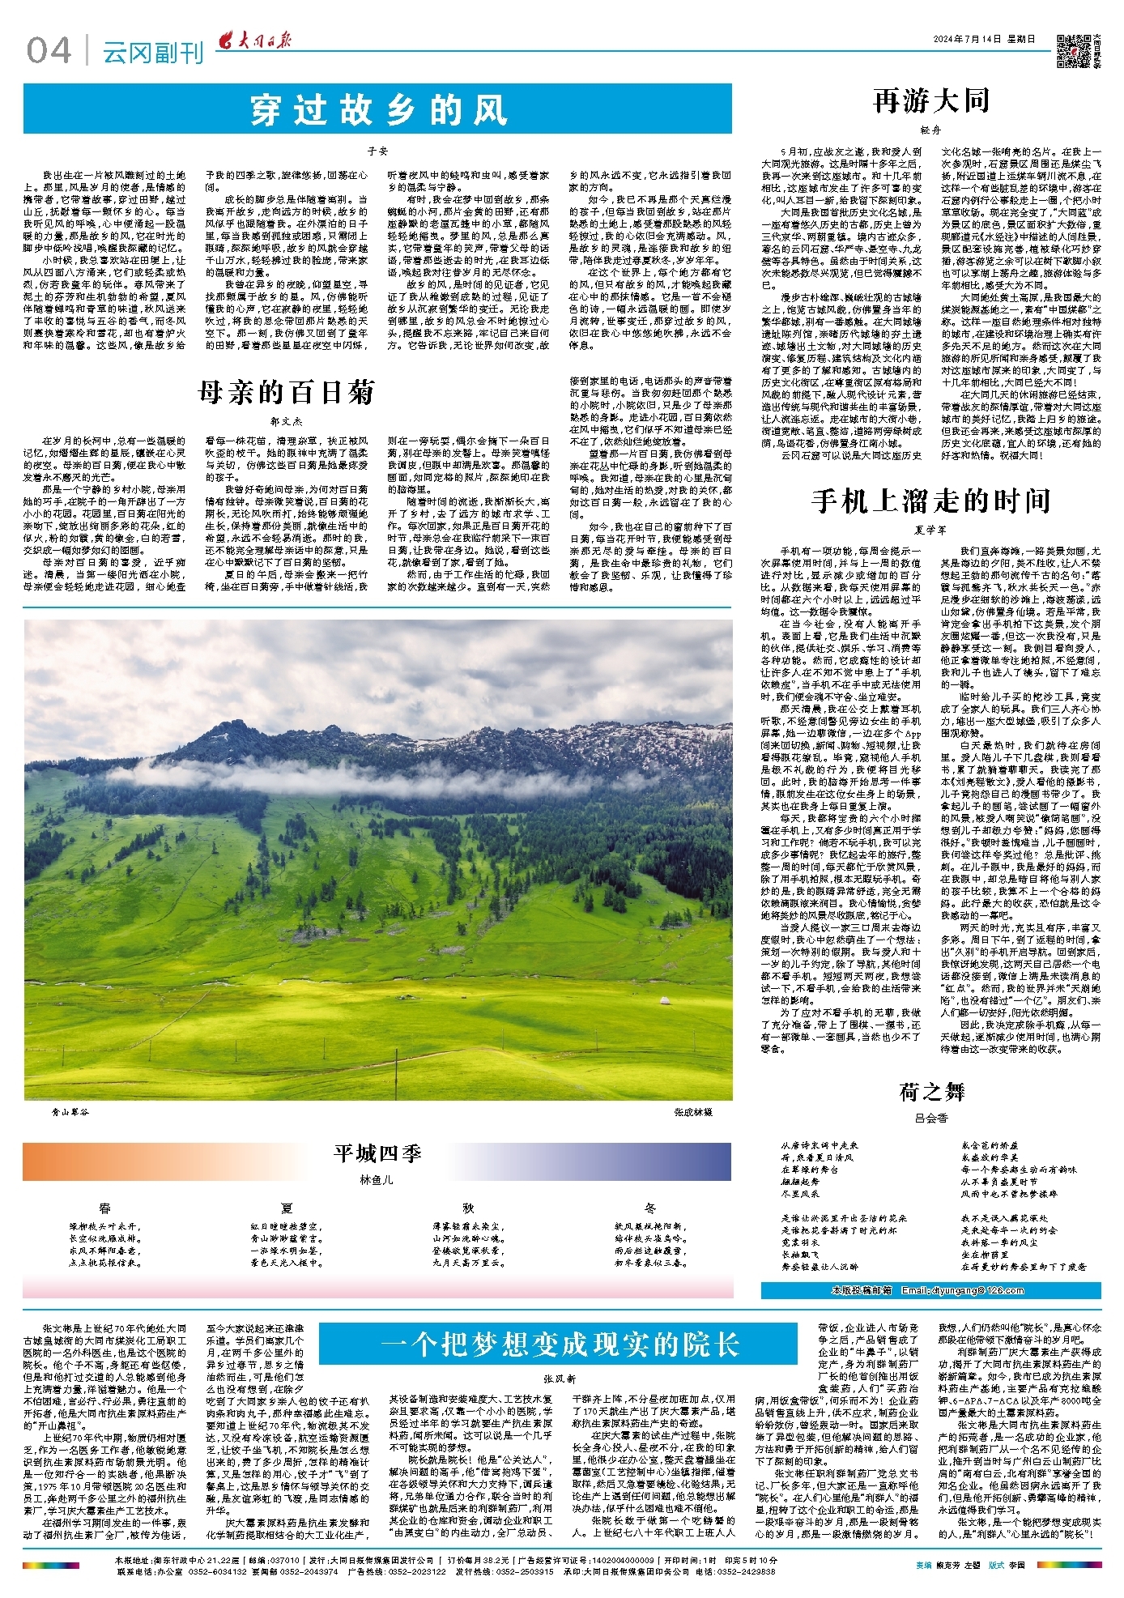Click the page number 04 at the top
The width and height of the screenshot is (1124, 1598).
(49, 51)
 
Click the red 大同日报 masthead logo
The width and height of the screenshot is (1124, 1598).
(258, 41)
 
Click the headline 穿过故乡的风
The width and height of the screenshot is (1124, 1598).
(377, 110)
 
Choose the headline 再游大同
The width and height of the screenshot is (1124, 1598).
(931, 101)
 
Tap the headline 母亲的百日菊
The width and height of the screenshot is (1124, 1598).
(285, 393)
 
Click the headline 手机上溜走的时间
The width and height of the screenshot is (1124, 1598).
(930, 501)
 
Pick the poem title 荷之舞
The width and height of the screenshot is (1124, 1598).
(931, 1092)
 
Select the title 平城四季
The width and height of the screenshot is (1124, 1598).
(377, 1153)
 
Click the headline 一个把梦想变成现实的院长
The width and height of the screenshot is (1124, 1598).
(560, 1345)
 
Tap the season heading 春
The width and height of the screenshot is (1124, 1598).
(105, 1208)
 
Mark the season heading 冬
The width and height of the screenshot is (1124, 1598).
(650, 1208)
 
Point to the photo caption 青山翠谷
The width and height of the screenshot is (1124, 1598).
(68, 1112)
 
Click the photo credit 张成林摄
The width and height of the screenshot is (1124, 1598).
(692, 1112)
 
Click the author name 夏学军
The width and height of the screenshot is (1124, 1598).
(930, 530)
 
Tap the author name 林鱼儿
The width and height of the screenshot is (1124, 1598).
(377, 1179)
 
